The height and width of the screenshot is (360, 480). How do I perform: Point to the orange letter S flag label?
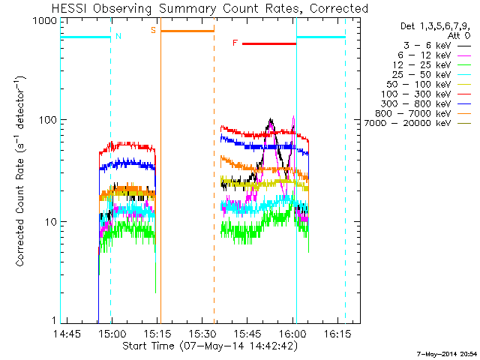point(154,30)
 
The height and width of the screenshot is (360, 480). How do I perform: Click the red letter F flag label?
point(235,43)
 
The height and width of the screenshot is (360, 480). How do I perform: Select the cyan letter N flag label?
point(118,36)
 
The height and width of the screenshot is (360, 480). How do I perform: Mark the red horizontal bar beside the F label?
point(269,43)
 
